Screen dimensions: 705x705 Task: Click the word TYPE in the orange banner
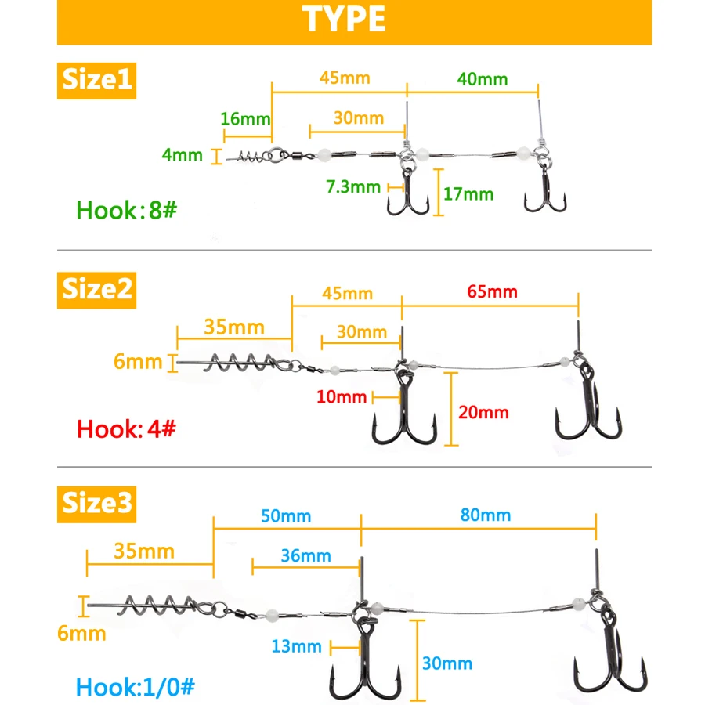tap(344, 19)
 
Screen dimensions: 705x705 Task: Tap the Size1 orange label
tap(96, 81)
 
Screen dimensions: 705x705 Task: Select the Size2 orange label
tap(96, 290)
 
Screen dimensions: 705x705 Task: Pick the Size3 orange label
tap(96, 504)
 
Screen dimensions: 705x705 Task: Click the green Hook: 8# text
tap(127, 210)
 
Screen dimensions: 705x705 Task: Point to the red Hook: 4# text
tap(126, 429)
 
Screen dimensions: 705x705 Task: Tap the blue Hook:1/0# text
tap(136, 686)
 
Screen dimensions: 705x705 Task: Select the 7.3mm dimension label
tap(353, 186)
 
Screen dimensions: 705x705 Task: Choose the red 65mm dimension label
tap(493, 292)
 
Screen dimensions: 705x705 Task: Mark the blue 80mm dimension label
tap(486, 515)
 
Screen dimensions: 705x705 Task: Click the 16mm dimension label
tap(245, 119)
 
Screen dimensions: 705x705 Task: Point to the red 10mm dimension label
tap(342, 397)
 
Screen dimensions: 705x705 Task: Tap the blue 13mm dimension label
tap(297, 646)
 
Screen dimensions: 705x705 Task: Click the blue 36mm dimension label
tap(306, 556)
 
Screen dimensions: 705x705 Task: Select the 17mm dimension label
tap(468, 194)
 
